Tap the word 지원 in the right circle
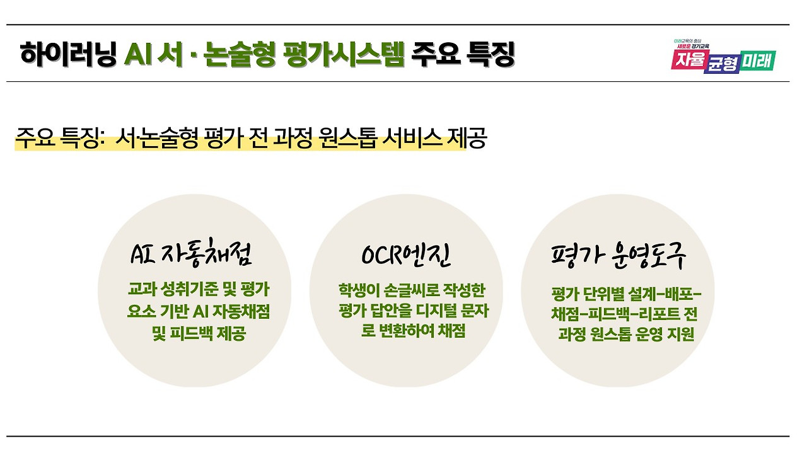coord(679,335)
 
